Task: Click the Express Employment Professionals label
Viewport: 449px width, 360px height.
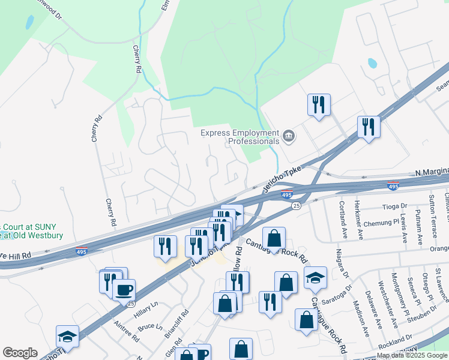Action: click(240, 137)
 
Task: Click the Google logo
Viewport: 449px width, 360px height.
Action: click(20, 353)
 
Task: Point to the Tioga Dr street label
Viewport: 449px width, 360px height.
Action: click(394, 206)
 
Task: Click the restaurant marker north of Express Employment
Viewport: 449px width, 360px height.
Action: click(319, 104)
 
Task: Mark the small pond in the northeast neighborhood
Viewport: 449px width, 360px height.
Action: click(372, 63)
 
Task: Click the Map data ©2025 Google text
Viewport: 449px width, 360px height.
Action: click(411, 355)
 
